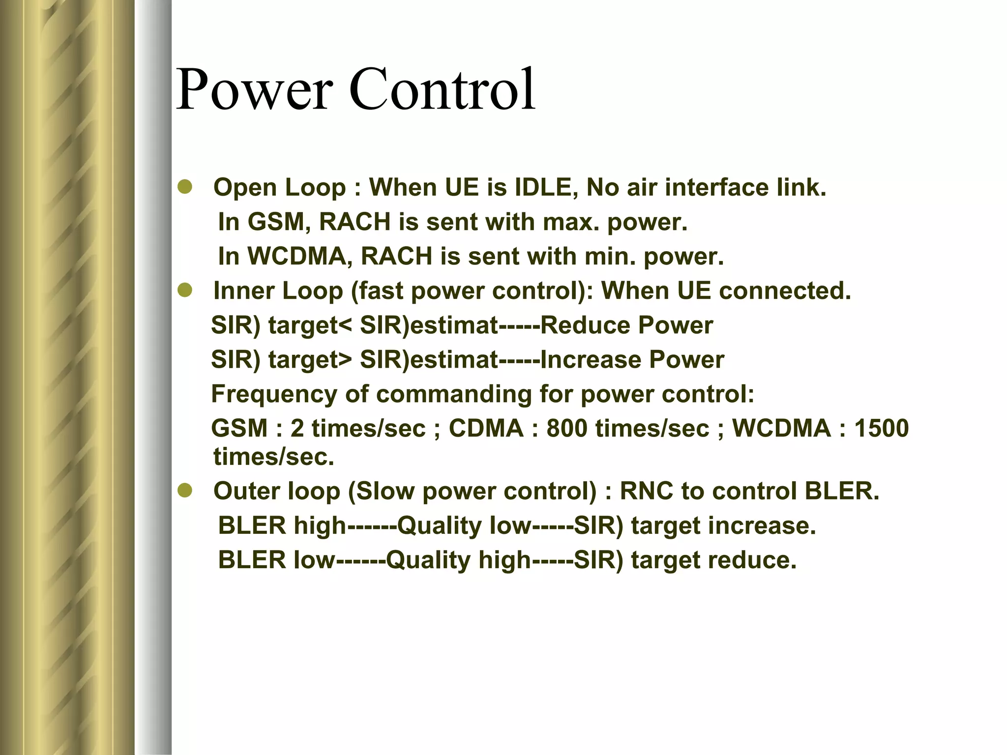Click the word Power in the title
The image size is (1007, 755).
[x=254, y=90]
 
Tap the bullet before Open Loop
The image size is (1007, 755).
[x=185, y=188]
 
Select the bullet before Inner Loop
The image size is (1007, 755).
[x=185, y=291]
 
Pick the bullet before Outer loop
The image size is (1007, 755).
[x=185, y=491]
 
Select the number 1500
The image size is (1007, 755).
[x=881, y=428]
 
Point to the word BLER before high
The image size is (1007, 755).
[x=252, y=525]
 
